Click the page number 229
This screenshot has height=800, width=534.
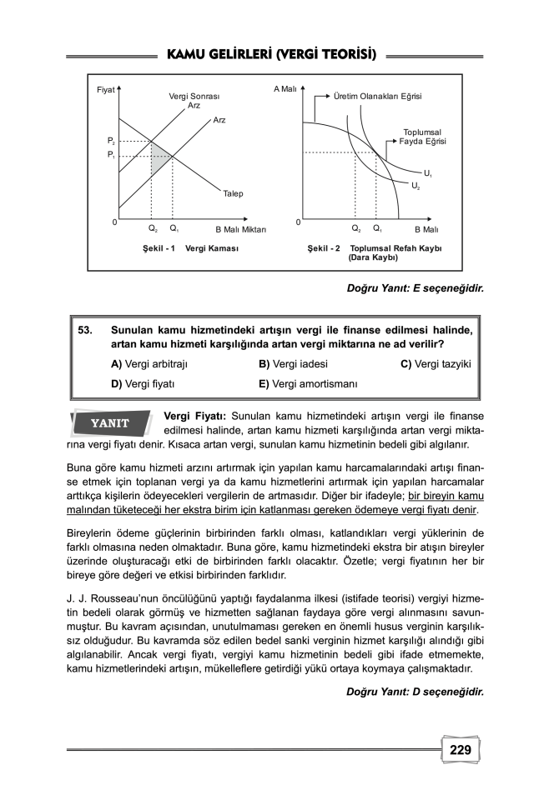click(x=460, y=749)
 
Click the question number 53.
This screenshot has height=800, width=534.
click(x=86, y=330)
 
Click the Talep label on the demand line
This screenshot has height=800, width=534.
click(x=233, y=193)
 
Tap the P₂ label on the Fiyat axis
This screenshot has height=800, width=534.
click(x=110, y=142)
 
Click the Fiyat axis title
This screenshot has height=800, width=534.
click(x=105, y=89)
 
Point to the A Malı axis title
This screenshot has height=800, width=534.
click(x=285, y=88)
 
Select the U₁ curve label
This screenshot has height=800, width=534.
click(x=427, y=173)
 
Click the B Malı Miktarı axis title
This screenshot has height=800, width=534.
click(x=240, y=228)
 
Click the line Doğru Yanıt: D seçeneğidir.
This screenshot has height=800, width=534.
click(x=415, y=691)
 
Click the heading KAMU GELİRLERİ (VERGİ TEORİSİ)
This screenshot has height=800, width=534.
click(x=271, y=55)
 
